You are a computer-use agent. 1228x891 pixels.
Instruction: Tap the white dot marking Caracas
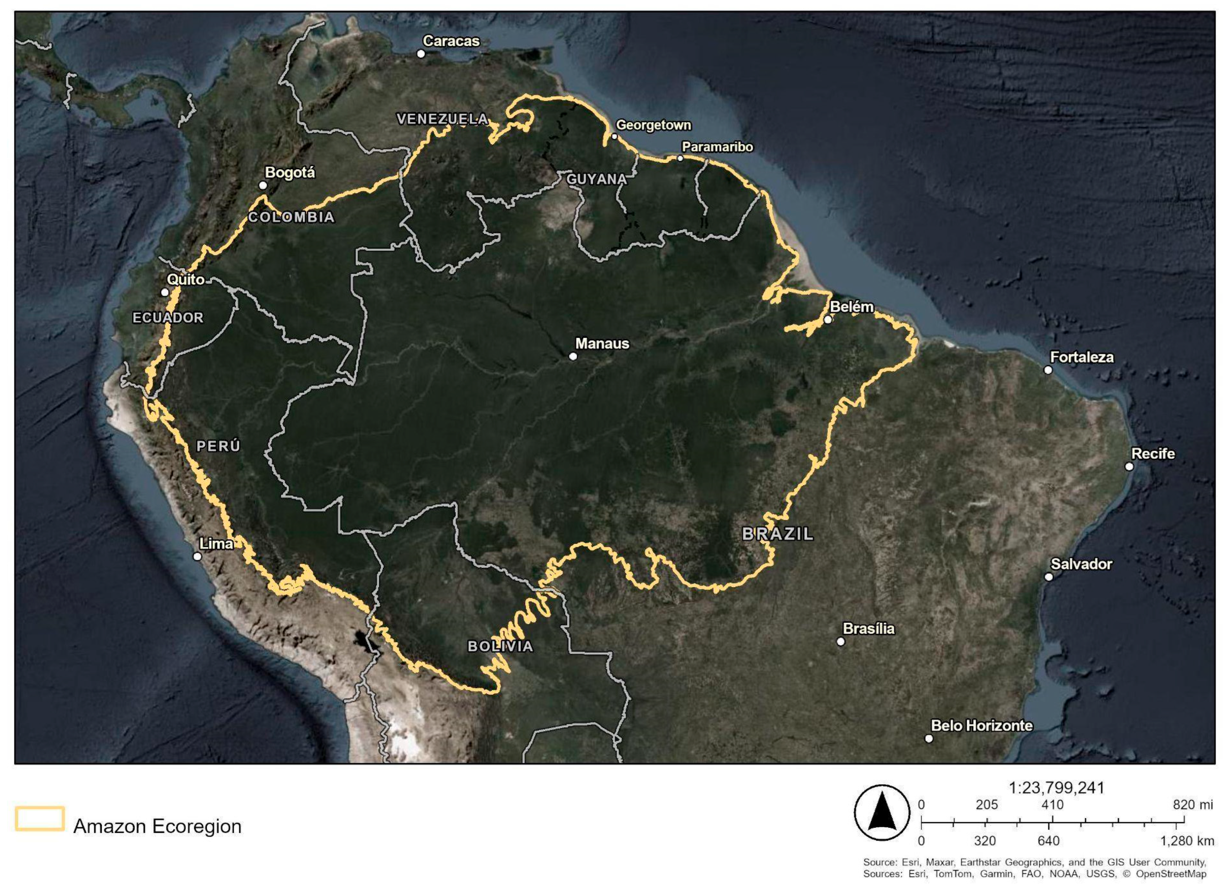pyautogui.click(x=421, y=54)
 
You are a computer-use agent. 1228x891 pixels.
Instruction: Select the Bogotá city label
pyautogui.click(x=290, y=173)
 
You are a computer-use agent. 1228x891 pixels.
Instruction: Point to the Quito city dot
pyautogui.click(x=165, y=292)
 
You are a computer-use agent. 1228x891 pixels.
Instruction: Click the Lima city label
pyautogui.click(x=216, y=543)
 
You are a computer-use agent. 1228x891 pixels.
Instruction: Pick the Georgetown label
pyautogui.click(x=654, y=125)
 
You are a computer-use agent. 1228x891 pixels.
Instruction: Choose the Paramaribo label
pyautogui.click(x=717, y=147)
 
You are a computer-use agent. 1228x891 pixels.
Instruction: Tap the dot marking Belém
pyautogui.click(x=827, y=320)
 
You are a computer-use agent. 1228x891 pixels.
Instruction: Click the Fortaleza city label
pyautogui.click(x=1082, y=357)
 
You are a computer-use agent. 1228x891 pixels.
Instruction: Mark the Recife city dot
pyautogui.click(x=1129, y=466)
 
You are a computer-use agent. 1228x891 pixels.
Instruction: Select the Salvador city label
pyautogui.click(x=1081, y=564)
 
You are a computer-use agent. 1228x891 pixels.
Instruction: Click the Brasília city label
pyautogui.click(x=869, y=629)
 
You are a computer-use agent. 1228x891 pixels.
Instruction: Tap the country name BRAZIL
pyautogui.click(x=777, y=534)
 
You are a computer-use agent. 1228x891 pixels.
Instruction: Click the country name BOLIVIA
pyautogui.click(x=500, y=646)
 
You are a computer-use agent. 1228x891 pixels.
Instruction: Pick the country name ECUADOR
pyautogui.click(x=168, y=318)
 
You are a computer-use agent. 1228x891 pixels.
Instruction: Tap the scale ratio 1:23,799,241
pyautogui.click(x=1056, y=787)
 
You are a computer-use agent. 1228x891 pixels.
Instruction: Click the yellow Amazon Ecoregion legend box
pyautogui.click(x=40, y=818)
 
